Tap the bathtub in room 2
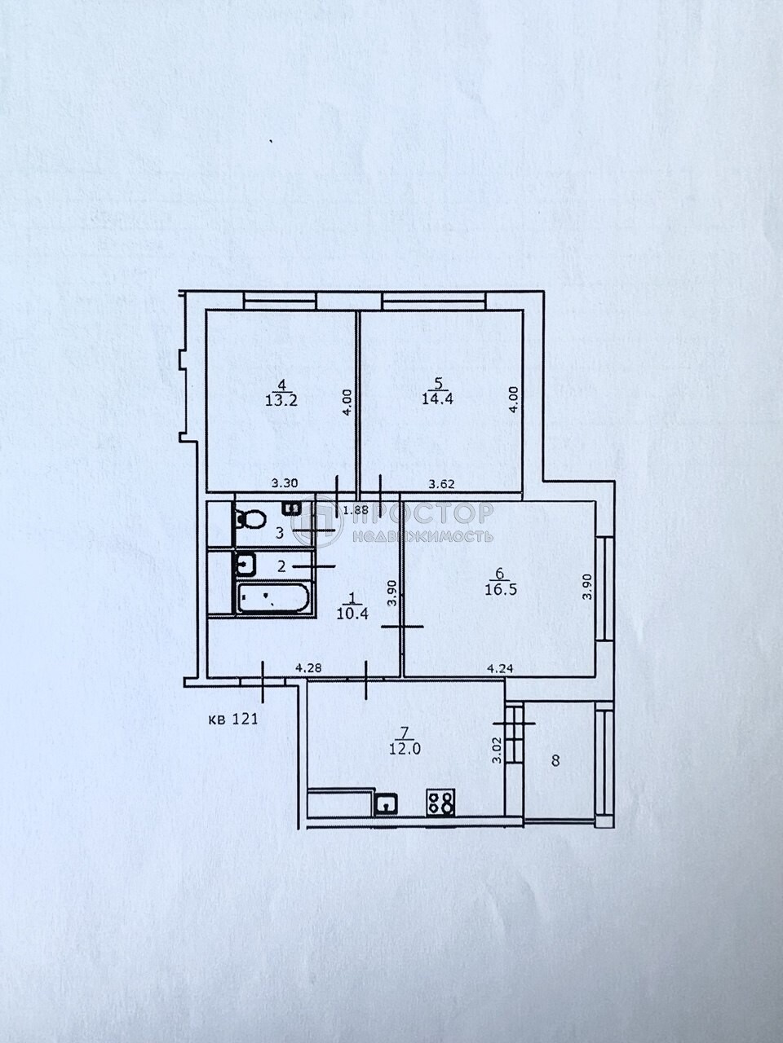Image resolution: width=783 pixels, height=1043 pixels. [272, 599]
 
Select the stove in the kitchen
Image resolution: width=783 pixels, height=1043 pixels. [441, 803]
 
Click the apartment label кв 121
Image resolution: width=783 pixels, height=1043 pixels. [233, 719]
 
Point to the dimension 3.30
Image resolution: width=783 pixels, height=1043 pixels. [285, 482]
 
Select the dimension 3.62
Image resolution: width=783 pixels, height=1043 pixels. [441, 482]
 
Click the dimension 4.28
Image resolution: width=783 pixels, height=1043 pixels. [307, 668]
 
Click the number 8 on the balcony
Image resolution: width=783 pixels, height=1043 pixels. [555, 761]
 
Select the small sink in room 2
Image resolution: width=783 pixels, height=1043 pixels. [245, 562]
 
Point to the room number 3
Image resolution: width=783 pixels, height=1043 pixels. [278, 534]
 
